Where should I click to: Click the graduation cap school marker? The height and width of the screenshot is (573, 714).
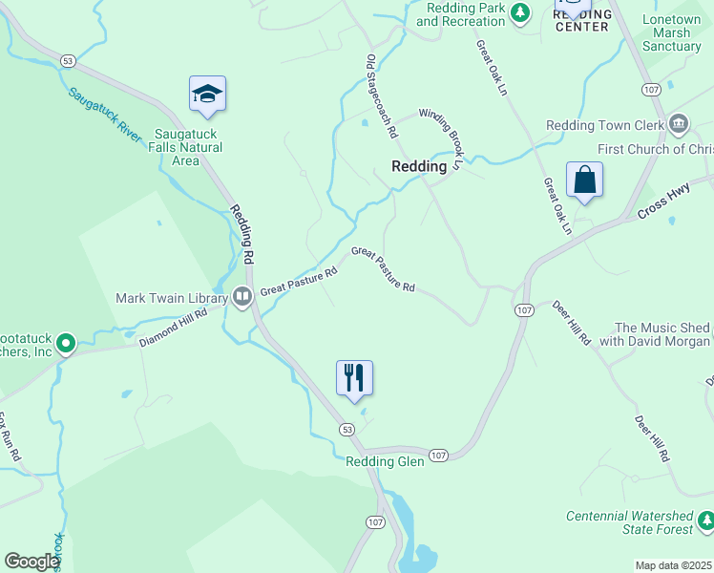tap(207, 94)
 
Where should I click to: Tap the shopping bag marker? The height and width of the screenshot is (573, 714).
tap(583, 180)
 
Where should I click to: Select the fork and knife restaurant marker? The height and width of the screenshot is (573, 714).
tap(354, 377)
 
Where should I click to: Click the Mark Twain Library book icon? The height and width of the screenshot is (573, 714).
tap(242, 298)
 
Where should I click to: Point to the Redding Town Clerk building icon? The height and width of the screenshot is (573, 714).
tap(679, 122)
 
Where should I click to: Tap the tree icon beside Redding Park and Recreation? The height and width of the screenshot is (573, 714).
tap(520, 12)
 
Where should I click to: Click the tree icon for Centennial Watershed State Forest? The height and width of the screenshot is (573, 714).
tap(705, 521)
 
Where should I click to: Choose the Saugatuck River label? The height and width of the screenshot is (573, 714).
tap(105, 116)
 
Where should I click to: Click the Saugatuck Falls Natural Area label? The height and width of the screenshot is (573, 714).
tap(188, 147)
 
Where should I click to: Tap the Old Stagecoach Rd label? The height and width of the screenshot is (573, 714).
tap(381, 96)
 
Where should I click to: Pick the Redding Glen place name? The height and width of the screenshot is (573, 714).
tap(384, 462)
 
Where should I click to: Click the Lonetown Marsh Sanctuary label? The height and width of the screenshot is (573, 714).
tap(672, 32)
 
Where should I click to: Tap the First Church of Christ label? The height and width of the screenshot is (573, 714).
tap(655, 149)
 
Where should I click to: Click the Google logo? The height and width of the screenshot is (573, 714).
tap(31, 562)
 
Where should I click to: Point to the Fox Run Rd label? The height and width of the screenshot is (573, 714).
tap(9, 437)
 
